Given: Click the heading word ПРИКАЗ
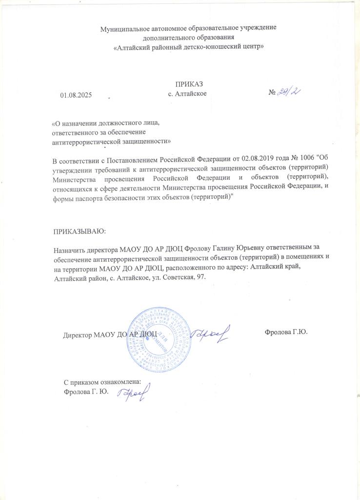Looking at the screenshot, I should (x=188, y=84).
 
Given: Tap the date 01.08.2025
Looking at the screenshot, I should (x=76, y=94).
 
